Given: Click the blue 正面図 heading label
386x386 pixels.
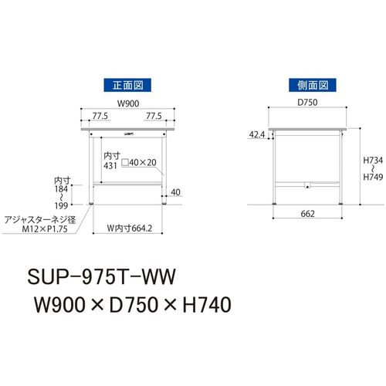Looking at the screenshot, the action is click(127, 85).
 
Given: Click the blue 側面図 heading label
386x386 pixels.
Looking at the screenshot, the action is click(313, 85).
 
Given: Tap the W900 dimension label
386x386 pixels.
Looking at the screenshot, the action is click(128, 103).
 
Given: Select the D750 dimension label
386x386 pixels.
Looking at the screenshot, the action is click(307, 103).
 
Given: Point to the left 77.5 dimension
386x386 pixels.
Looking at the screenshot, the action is click(100, 116).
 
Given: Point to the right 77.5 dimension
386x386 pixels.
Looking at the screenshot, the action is click(154, 116).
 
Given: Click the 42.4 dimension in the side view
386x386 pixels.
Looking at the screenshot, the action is click(257, 134).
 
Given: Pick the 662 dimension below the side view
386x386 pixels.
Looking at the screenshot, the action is click(307, 214).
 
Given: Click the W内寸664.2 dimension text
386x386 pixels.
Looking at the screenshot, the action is click(130, 229).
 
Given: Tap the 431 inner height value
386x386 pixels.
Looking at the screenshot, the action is click(110, 166).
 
